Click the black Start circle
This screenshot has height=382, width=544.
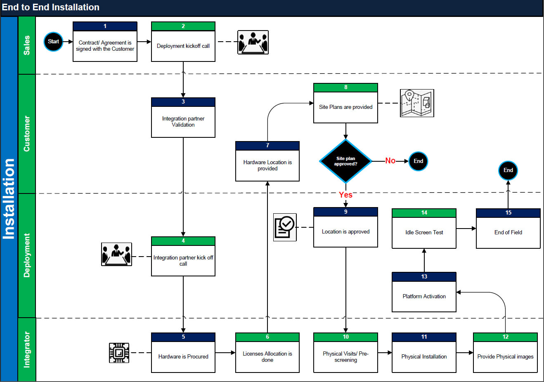(53, 42)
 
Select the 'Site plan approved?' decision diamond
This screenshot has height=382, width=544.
(345, 161)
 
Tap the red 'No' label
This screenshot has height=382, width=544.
(390, 161)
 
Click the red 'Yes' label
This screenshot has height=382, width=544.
(345, 195)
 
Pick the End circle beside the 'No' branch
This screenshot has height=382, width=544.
(418, 161)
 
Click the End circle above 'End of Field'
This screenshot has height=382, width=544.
(508, 170)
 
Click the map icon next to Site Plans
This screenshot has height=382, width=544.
(417, 103)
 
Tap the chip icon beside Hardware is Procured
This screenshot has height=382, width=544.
(119, 353)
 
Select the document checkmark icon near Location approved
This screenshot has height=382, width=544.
(285, 227)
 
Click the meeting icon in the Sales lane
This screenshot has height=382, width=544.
(253, 42)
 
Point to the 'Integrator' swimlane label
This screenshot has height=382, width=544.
(27, 349)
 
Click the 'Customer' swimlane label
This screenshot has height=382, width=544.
(27, 134)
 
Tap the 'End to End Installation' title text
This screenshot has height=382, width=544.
(50, 7)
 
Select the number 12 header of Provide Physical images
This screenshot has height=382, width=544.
(505, 337)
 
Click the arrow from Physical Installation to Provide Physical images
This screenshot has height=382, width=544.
(465, 353)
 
